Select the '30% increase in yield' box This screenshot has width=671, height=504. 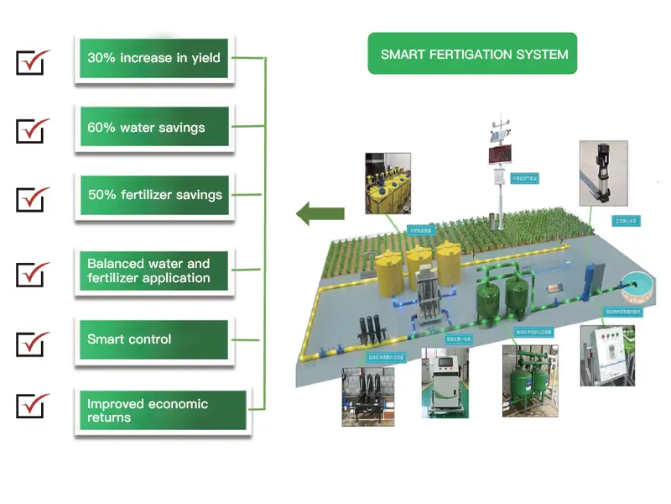(x=153, y=58)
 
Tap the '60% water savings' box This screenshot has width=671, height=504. (x=153, y=129)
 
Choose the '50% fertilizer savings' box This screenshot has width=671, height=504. (x=153, y=195)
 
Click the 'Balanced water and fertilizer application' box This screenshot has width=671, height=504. (x=153, y=270)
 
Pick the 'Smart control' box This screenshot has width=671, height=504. (x=153, y=340)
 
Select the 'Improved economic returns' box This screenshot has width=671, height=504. (x=153, y=411)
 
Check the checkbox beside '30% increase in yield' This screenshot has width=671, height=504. (x=33, y=62)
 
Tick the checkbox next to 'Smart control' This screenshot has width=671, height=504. (x=33, y=343)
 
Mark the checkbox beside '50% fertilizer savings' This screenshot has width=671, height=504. (x=33, y=199)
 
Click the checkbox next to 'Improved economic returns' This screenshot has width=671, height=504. (x=33, y=406)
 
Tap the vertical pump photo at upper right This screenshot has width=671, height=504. (x=602, y=175)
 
